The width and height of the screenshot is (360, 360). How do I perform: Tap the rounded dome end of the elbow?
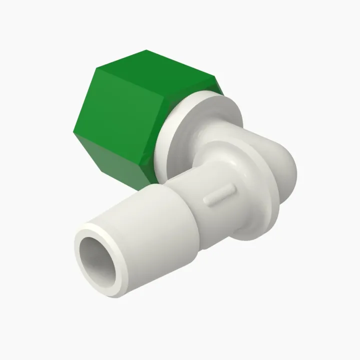click(285, 170)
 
